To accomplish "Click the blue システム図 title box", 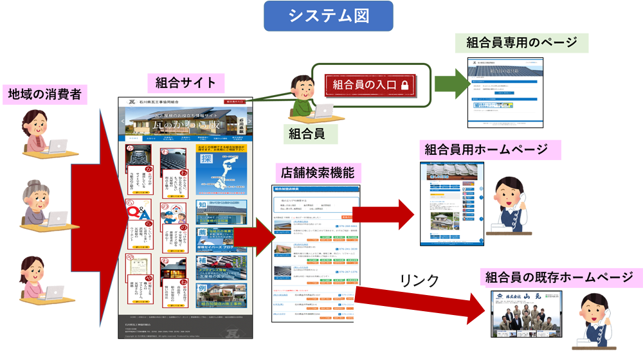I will click(x=329, y=16).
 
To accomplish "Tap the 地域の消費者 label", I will click(x=44, y=94).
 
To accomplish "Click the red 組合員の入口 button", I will click(x=364, y=84).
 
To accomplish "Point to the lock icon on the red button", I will click(x=404, y=84).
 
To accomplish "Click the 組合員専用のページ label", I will click(x=526, y=43).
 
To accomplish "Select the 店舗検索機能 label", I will click(x=318, y=172).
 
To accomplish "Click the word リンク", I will click(x=419, y=280).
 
